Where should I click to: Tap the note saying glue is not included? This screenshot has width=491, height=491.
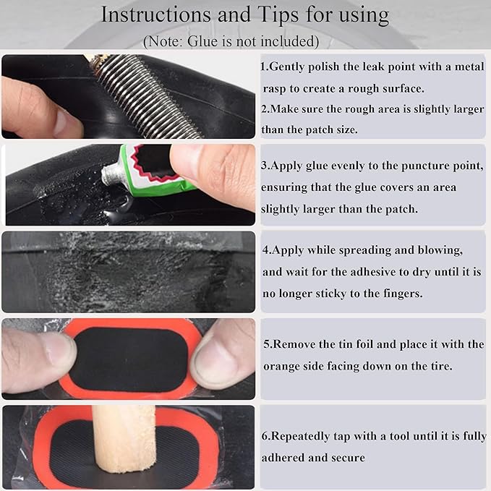(x=231, y=40)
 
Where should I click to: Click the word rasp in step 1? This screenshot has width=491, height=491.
(x=277, y=87)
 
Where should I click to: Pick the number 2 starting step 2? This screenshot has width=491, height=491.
(x=265, y=109)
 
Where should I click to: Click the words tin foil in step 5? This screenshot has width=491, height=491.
(x=364, y=344)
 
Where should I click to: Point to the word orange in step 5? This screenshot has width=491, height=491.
(x=281, y=366)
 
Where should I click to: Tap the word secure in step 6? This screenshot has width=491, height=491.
(x=348, y=457)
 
